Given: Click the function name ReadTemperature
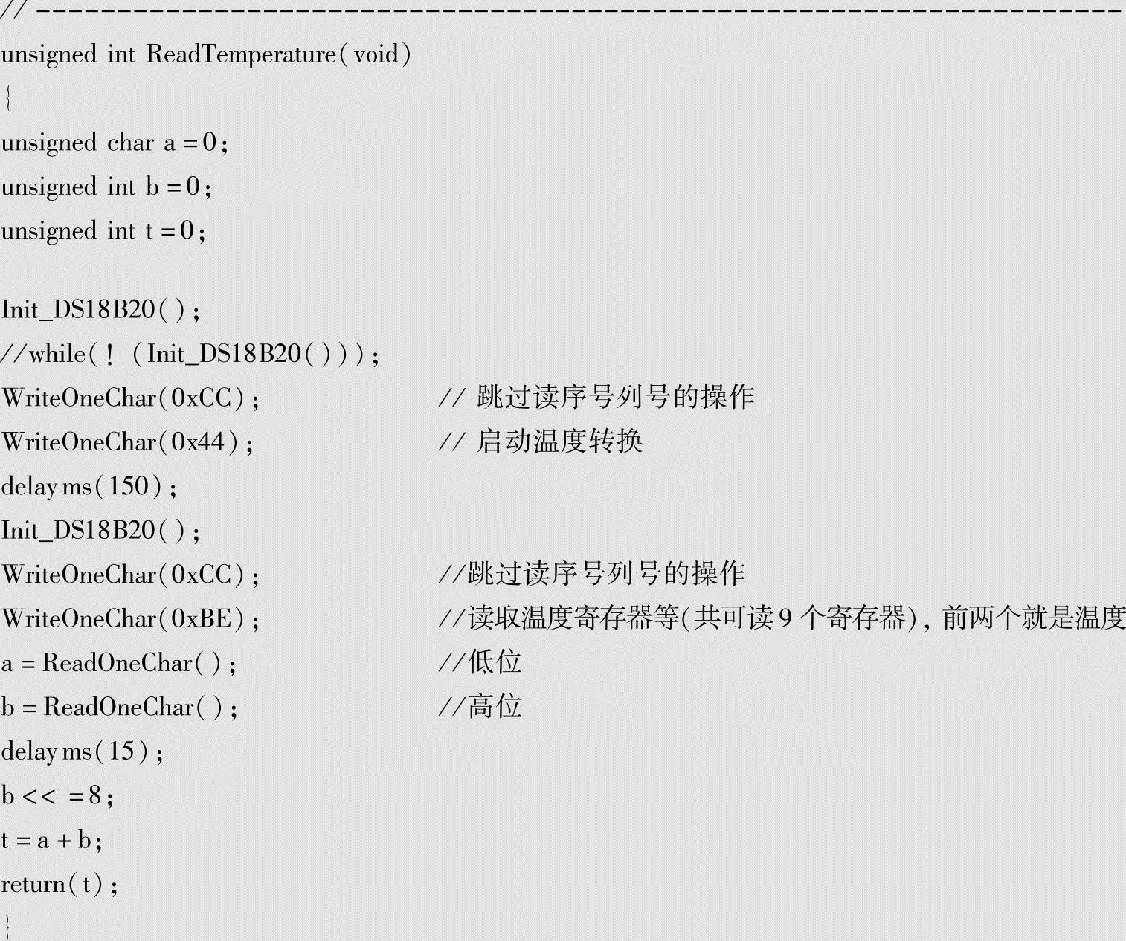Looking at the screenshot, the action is pos(241,54).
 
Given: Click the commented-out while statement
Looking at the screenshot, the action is pos(190,354).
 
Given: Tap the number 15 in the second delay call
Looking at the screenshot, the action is pos(122,751).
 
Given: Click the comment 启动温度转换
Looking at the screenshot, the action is pos(559,442).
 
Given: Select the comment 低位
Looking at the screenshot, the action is pos(495,662).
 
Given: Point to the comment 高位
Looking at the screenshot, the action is pos(495,706).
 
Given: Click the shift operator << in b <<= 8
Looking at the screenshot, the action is pos(39,796).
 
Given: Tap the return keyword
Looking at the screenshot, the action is pos(33,884).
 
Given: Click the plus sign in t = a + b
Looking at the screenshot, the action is pos(64,841).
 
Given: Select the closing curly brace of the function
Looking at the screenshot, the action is pos(7,927).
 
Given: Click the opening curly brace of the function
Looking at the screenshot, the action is pos(7,98).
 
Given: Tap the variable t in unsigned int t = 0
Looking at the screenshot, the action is pos(149,230).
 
